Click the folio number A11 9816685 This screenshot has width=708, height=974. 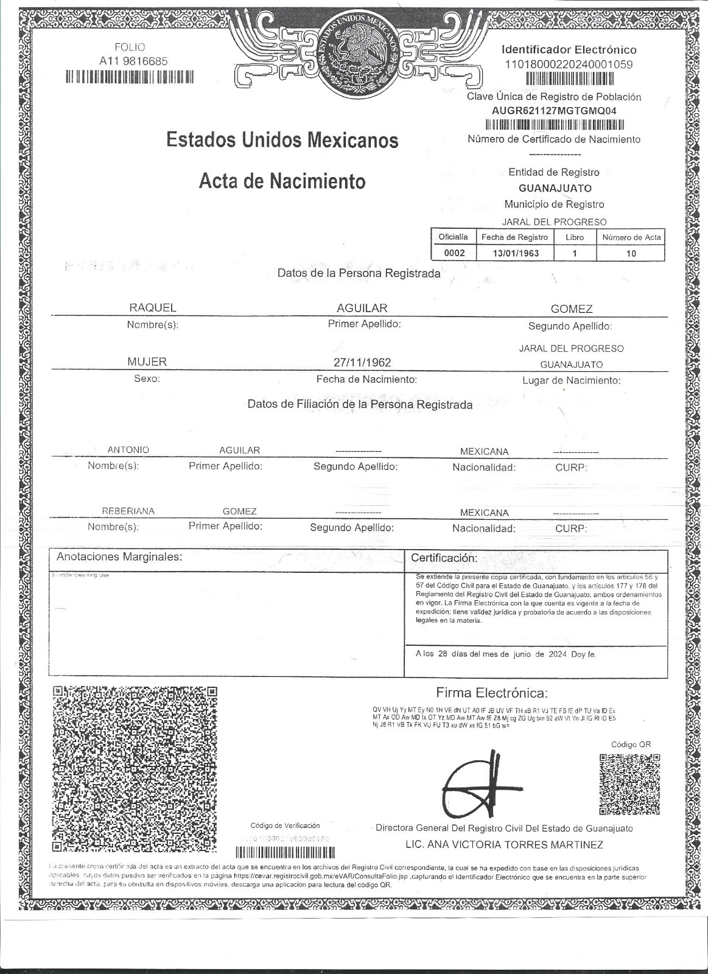(133, 61)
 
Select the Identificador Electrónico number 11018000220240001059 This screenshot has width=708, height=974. (569, 64)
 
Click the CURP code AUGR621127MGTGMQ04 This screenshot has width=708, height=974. (553, 111)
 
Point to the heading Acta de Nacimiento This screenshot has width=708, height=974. (282, 181)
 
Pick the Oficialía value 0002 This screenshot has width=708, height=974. (454, 253)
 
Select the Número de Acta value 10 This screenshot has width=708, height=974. (631, 253)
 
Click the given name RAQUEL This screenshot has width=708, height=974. (152, 308)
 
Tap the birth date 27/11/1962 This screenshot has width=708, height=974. (362, 362)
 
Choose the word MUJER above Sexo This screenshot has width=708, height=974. (147, 362)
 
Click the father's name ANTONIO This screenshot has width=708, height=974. (128, 450)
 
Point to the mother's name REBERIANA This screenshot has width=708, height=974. (128, 511)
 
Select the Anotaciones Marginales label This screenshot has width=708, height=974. (119, 556)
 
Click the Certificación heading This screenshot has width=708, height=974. (444, 558)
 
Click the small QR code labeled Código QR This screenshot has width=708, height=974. (629, 784)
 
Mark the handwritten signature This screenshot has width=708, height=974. (479, 785)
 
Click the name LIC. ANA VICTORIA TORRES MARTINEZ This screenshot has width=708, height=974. (504, 844)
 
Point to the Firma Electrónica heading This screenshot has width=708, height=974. (492, 693)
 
